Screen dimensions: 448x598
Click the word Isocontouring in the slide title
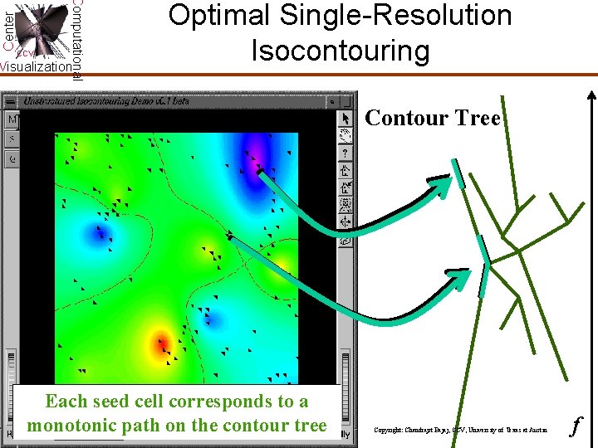click(x=341, y=51)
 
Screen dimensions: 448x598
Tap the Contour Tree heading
click(x=433, y=119)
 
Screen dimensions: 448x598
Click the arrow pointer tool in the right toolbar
click(x=346, y=120)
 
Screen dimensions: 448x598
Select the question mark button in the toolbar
click(x=346, y=153)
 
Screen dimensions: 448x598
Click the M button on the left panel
click(x=12, y=120)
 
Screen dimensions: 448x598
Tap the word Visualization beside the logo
click(x=35, y=66)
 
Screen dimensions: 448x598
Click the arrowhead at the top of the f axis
click(x=592, y=78)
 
